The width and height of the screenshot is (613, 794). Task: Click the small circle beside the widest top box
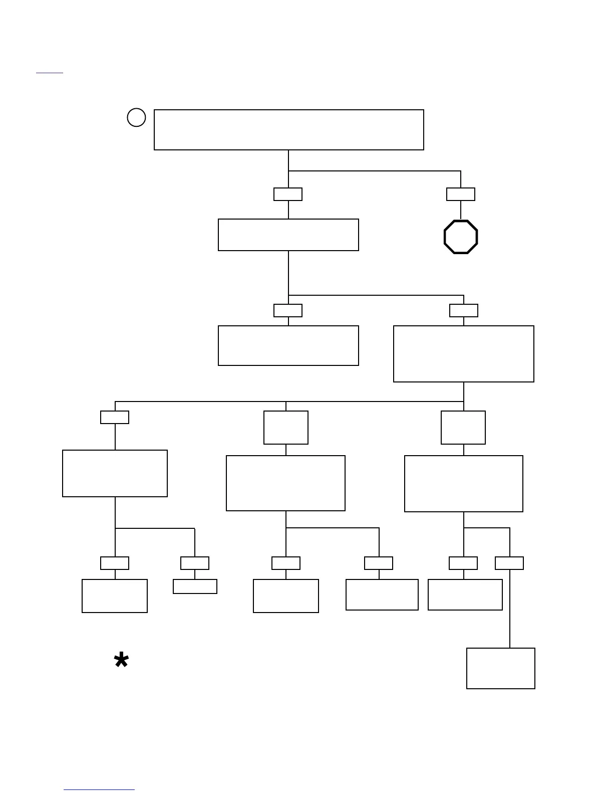(x=136, y=117)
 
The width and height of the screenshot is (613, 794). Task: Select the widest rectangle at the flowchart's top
(x=288, y=129)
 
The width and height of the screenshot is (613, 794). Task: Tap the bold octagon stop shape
(x=461, y=237)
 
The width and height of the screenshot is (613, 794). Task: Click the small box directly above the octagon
(x=461, y=194)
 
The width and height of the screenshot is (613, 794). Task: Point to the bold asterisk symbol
(x=121, y=661)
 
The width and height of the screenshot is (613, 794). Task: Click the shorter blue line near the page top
(x=50, y=73)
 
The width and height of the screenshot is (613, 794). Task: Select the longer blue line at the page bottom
(x=99, y=790)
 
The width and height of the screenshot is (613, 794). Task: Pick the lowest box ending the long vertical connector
(x=500, y=668)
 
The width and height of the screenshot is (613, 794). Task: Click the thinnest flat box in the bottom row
(x=195, y=586)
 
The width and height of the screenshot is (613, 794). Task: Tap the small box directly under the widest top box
(x=288, y=194)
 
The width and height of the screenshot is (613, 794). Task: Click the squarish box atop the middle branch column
(x=286, y=428)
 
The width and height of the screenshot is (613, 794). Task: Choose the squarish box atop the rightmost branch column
(x=463, y=428)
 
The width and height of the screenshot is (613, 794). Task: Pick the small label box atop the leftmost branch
(x=115, y=417)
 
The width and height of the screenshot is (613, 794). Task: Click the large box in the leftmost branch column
(x=115, y=473)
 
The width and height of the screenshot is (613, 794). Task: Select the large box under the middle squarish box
(x=285, y=483)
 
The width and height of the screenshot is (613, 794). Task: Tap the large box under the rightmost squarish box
(x=464, y=484)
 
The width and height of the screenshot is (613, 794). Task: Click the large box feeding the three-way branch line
(x=464, y=354)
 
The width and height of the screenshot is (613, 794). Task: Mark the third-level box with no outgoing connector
(x=288, y=345)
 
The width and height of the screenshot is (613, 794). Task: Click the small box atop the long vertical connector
(x=509, y=563)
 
